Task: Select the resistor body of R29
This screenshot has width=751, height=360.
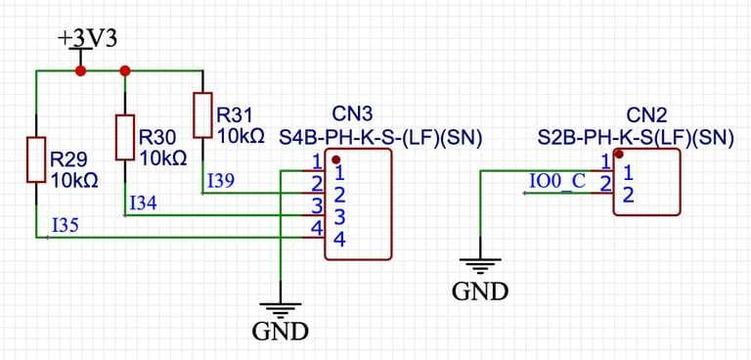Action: pos(36,159)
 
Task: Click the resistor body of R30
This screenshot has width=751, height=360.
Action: pos(124,137)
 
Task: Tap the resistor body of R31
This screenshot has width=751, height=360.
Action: pos(202,115)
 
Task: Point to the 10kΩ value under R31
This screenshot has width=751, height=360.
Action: pos(240,136)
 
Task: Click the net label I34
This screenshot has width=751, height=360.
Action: pos(143,203)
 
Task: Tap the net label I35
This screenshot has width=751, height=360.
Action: pos(65,226)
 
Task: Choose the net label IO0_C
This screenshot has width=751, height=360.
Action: pos(557,182)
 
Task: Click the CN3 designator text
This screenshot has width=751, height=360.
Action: pos(353,114)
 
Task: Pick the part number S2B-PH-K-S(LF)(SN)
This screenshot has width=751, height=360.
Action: pos(636,137)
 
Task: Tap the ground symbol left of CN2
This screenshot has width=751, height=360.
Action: pos(480,266)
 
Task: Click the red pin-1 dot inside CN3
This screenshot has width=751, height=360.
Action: pos(335,158)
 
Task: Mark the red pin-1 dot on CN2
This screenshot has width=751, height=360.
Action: pos(617,155)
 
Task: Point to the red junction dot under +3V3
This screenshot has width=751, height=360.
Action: pos(80,70)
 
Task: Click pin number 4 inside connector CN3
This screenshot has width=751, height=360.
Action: pos(339,238)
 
